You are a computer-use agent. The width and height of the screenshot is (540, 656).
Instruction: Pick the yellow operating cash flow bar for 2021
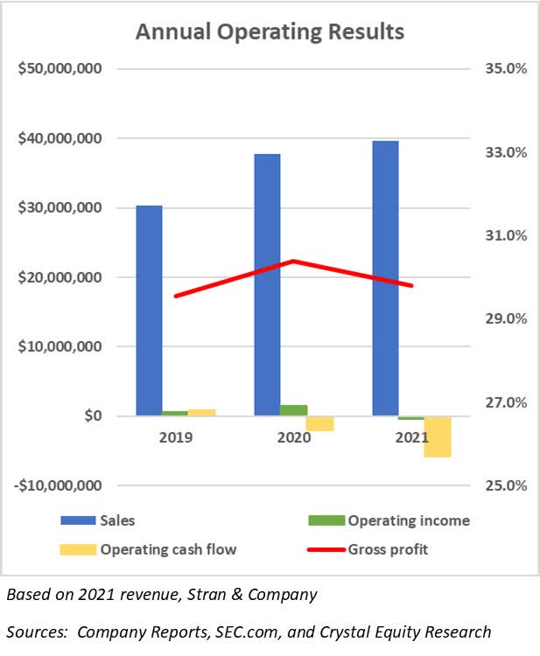pyautogui.click(x=438, y=436)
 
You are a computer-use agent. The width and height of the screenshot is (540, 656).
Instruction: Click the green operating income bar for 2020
pyautogui.click(x=294, y=410)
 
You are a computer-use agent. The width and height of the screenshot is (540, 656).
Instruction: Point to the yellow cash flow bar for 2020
pyautogui.click(x=320, y=423)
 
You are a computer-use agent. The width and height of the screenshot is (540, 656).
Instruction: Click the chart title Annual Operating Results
pyautogui.click(x=270, y=32)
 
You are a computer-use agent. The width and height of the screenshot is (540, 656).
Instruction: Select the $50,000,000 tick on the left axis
pyautogui.click(x=60, y=68)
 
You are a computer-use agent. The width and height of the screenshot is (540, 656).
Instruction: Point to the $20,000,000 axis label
pyautogui.click(x=60, y=277)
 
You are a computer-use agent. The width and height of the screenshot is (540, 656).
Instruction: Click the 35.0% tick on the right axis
pyautogui.click(x=503, y=68)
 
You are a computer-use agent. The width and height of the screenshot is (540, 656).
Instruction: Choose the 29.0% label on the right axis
pyautogui.click(x=503, y=318)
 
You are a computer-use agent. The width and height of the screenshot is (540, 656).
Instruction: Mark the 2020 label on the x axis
pyautogui.click(x=294, y=436)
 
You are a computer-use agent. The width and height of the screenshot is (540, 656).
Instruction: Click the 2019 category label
pyautogui.click(x=175, y=436)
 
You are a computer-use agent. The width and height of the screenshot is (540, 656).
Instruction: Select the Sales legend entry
pyautogui.click(x=117, y=520)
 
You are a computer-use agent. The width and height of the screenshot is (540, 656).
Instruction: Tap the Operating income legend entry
pyautogui.click(x=409, y=520)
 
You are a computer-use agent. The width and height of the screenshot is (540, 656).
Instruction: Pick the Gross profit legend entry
pyautogui.click(x=388, y=549)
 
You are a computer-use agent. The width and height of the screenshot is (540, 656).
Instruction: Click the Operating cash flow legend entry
pyautogui.click(x=168, y=549)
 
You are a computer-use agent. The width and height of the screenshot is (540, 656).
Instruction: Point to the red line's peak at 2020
pyautogui.click(x=294, y=261)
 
